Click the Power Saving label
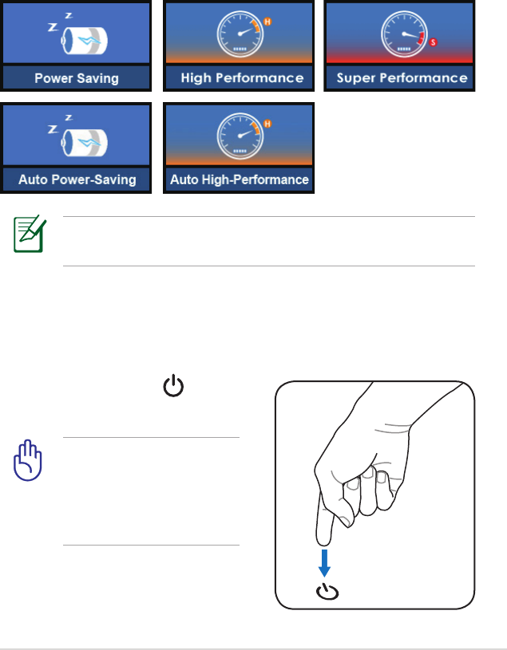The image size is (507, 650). click(x=76, y=78)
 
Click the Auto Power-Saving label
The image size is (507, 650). click(x=77, y=179)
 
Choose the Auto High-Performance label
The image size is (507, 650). click(x=240, y=179)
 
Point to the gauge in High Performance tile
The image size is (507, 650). click(x=239, y=34)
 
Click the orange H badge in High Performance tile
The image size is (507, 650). click(x=267, y=22)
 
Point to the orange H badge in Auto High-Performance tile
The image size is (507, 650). click(x=267, y=124)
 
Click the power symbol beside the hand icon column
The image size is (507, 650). click(x=173, y=388)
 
